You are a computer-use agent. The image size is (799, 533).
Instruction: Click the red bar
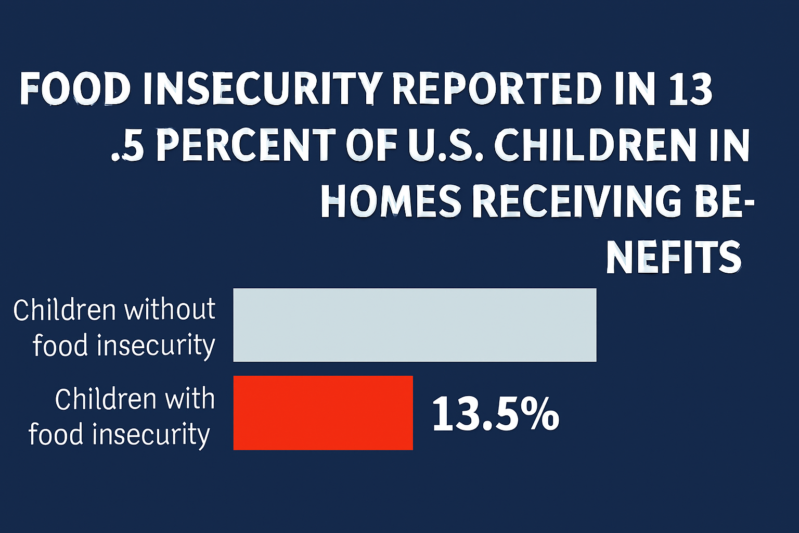(323, 413)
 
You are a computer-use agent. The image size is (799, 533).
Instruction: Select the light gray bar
(415, 325)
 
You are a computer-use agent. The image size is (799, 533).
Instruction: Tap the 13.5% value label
(495, 414)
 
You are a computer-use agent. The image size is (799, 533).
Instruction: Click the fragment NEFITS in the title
(674, 258)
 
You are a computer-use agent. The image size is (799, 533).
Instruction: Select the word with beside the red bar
(189, 399)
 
